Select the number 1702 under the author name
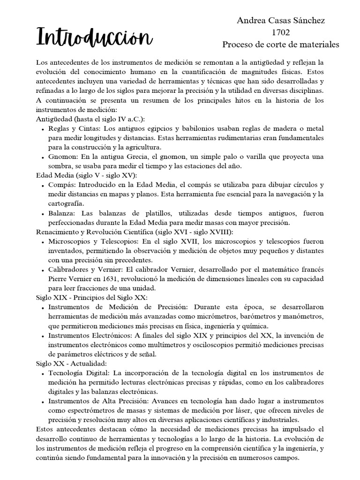click(280, 32)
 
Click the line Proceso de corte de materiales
click(280, 45)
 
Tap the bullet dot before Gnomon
click(43, 157)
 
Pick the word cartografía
click(66, 203)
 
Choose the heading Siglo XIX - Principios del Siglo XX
click(92, 297)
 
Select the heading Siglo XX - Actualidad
click(71, 363)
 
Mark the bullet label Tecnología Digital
click(78, 372)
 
